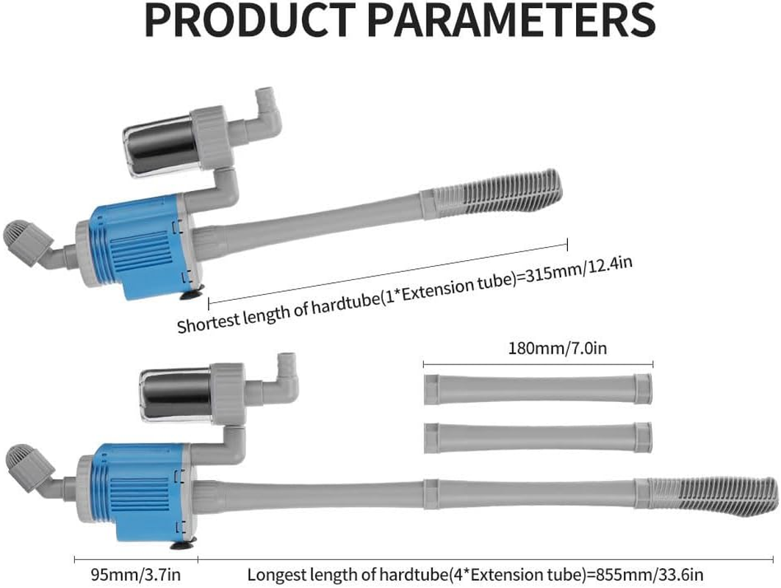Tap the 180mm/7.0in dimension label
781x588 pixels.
(x=538, y=348)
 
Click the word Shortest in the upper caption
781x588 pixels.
(x=207, y=320)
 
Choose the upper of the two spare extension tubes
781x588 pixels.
(x=538, y=388)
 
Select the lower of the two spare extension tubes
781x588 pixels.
(x=538, y=437)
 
